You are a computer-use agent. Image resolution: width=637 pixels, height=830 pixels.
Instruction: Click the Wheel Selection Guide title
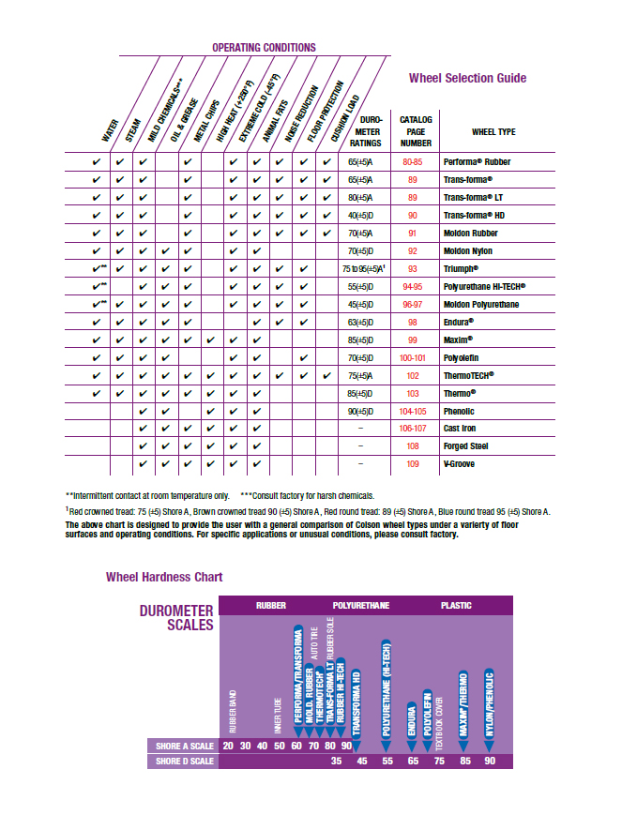467,78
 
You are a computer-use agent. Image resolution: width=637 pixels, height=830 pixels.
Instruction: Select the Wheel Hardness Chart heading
164,577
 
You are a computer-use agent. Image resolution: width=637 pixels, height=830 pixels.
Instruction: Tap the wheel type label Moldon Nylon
467,250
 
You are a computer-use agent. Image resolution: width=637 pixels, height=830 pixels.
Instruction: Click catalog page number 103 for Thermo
413,393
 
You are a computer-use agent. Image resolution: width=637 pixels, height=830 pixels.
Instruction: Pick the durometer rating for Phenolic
360,411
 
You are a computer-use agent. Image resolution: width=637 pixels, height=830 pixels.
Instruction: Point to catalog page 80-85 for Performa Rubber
413,162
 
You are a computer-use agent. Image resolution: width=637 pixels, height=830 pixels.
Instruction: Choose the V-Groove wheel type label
459,464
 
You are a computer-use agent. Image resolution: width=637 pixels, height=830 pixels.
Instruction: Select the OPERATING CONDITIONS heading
264,47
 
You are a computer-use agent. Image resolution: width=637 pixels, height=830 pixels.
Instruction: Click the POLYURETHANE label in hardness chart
361,606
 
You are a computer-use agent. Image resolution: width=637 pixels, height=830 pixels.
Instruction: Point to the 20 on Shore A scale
229,746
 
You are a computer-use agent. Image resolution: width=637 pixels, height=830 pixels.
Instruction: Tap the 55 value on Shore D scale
387,761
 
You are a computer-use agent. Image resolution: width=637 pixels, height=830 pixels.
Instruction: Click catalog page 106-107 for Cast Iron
413,429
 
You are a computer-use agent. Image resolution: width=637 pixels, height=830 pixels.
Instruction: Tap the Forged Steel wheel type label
466,446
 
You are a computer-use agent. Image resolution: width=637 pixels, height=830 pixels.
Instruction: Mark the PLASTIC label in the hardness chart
456,606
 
